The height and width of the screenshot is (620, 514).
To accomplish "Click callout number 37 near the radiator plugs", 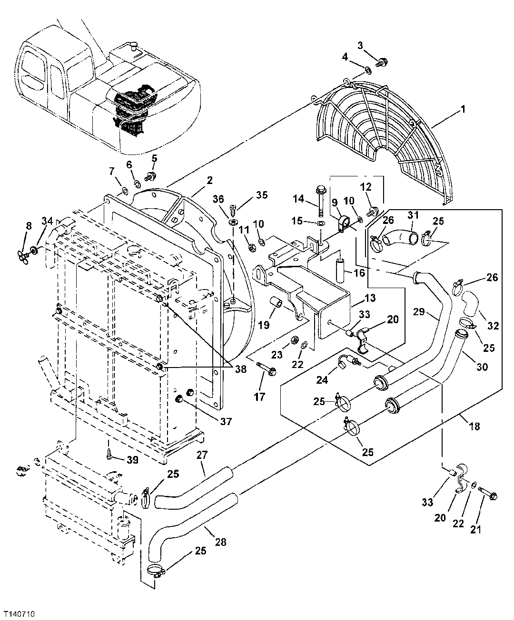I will click(x=226, y=421).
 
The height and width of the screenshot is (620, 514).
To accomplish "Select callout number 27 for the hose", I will click(x=203, y=455).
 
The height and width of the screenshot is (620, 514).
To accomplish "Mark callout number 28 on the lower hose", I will click(x=220, y=542).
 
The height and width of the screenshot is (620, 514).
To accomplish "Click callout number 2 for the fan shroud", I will click(x=209, y=180).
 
